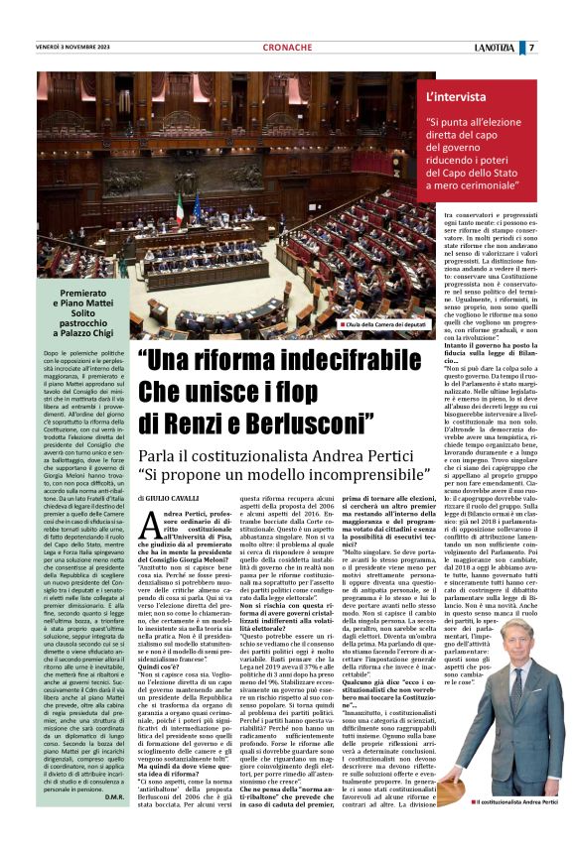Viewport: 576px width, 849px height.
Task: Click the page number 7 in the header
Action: (559, 47)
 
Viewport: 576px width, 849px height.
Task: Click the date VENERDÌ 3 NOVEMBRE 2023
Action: (76, 47)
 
